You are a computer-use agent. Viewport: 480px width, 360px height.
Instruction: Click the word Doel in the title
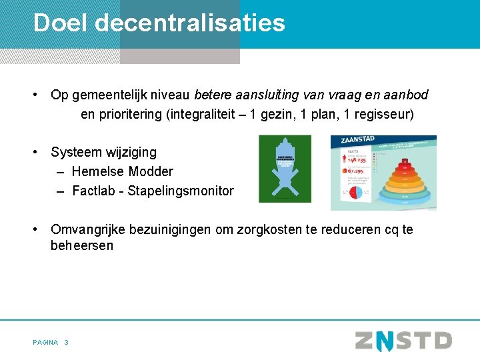(x=61, y=23)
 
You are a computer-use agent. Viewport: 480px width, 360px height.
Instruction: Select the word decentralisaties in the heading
(x=190, y=23)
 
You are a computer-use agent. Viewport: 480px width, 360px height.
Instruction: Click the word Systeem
(x=77, y=152)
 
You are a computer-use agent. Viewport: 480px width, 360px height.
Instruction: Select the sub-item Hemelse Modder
(x=123, y=171)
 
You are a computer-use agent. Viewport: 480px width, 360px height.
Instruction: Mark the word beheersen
(x=82, y=245)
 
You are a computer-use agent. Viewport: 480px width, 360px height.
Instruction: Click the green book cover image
(x=285, y=169)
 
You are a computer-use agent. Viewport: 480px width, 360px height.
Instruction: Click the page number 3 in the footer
(x=66, y=342)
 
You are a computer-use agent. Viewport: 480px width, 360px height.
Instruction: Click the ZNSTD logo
(x=403, y=341)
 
